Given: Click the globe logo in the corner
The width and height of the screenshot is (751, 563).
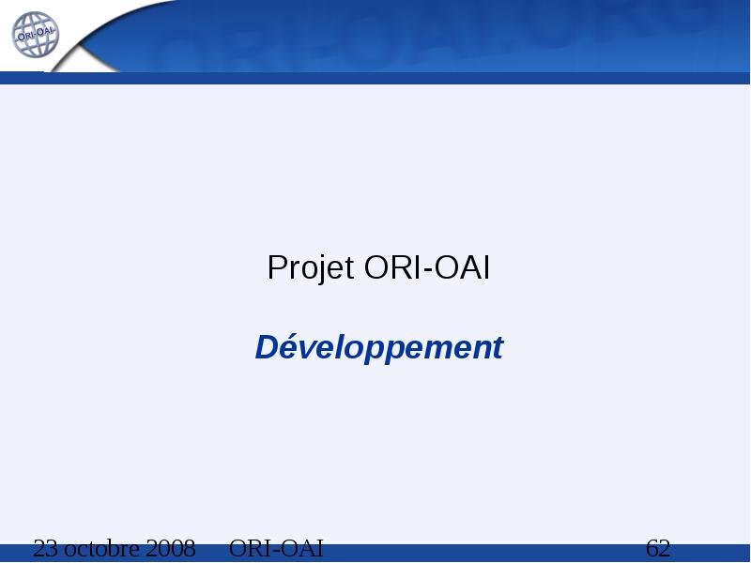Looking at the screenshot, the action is [35, 35].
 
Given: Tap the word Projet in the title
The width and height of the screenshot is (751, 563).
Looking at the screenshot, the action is [311, 268].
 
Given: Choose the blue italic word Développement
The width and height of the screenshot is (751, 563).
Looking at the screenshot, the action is [379, 347].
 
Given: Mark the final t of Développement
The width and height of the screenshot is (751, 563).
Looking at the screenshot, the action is [498, 348].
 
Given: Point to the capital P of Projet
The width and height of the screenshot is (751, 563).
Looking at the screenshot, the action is [277, 267].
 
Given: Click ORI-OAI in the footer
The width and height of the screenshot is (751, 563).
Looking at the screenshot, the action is [276, 548].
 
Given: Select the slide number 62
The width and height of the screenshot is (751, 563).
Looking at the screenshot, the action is [658, 548].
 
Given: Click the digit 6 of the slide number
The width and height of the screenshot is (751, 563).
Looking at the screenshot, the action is [652, 548].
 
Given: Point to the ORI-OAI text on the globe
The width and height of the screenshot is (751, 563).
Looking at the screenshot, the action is [36, 34].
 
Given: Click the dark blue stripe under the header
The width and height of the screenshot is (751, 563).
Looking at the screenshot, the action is [375, 78].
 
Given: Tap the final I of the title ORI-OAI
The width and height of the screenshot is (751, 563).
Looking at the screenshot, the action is [486, 267].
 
